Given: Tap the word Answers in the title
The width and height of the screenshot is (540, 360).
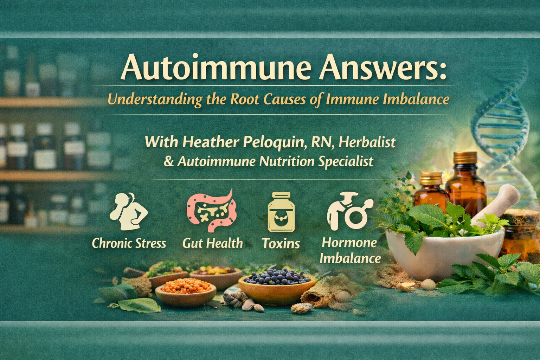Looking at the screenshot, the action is (x=382, y=68).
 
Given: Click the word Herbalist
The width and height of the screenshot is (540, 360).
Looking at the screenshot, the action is (x=367, y=142).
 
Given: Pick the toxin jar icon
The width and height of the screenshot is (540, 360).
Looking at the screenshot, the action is (x=281, y=212).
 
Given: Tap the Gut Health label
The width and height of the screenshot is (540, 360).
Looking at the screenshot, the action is (x=212, y=243).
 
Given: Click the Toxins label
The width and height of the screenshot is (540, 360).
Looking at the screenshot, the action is (x=281, y=244).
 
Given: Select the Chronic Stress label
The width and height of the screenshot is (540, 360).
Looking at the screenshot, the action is (x=129, y=243).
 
